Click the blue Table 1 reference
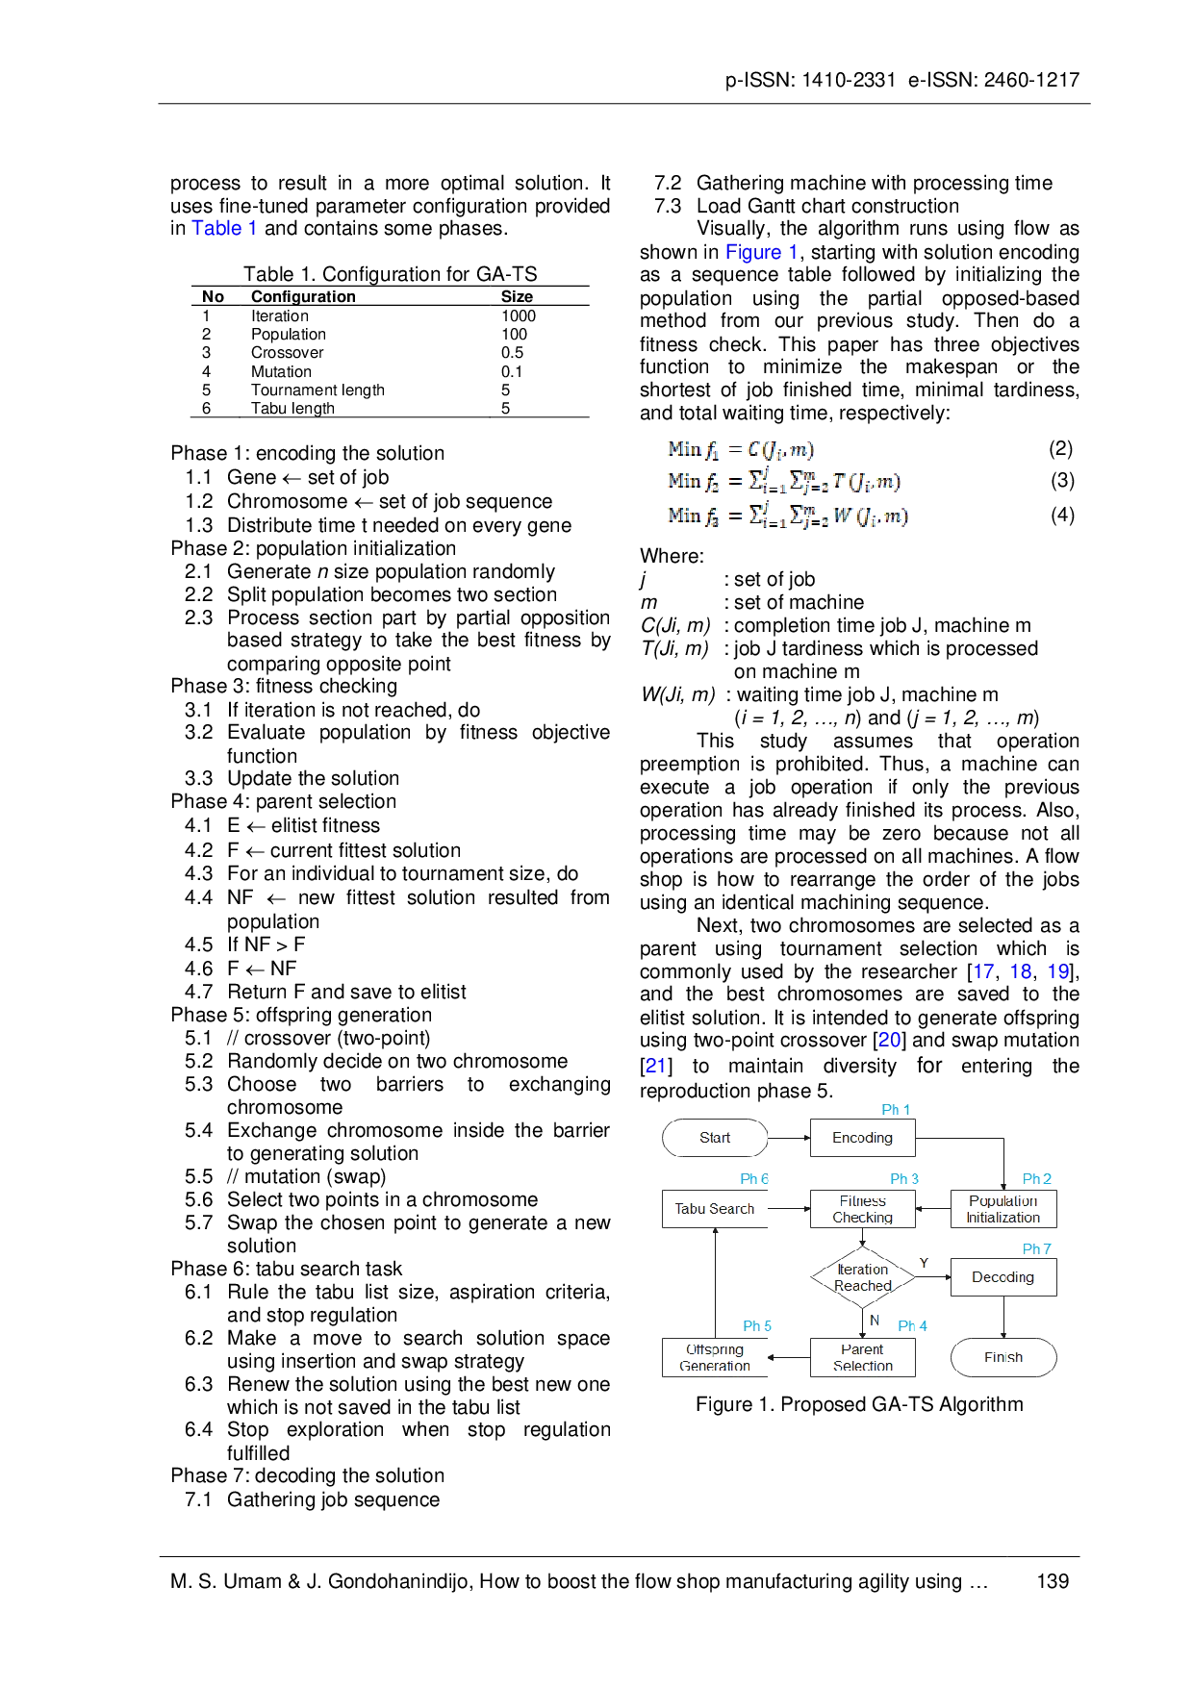224,228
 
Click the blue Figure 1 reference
761,252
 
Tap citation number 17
983,972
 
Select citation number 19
1057,972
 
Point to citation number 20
889,1040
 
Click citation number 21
655,1066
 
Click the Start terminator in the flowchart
715,1139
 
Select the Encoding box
861,1139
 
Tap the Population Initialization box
1003,1209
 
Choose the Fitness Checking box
861,1209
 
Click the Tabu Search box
714,1209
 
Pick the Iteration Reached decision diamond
862,1278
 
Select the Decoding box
1003,1277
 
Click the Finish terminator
1003,1357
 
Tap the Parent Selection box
861,1357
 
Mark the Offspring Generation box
715,1357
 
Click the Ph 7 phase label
1037,1248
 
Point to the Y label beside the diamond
924,1262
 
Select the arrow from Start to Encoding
789,1139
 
